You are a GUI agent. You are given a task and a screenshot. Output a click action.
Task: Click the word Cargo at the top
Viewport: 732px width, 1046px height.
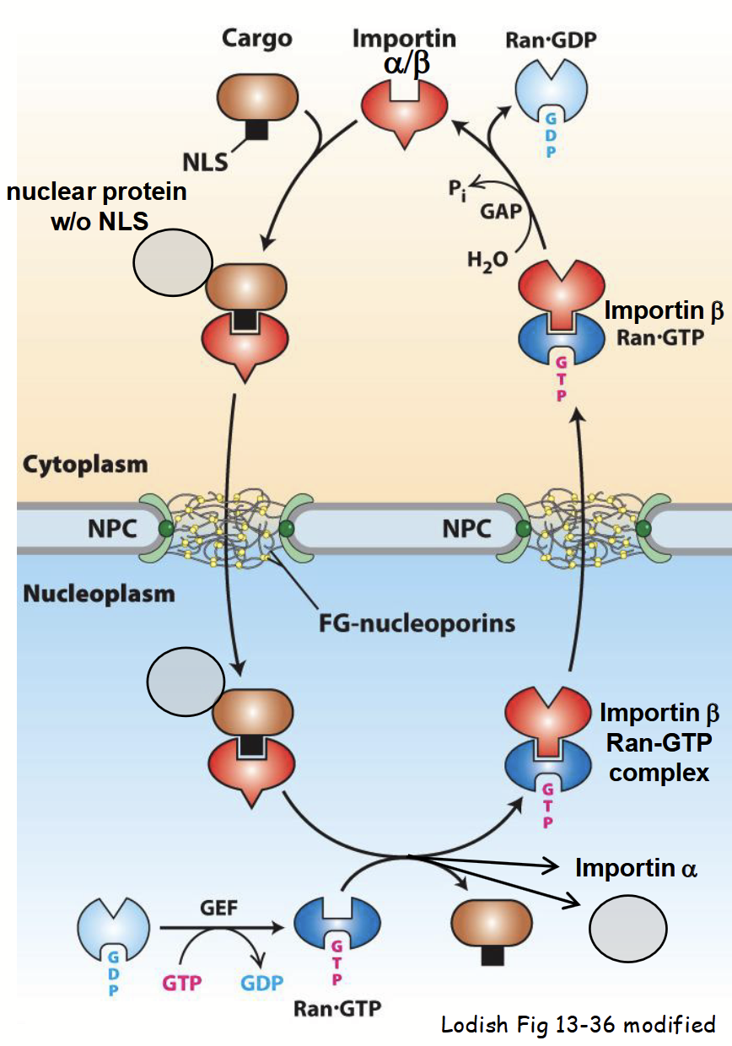tap(257, 40)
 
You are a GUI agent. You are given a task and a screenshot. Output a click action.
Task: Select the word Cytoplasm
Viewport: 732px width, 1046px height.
tap(85, 465)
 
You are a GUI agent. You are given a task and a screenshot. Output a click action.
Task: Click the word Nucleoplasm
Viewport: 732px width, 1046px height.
tap(99, 593)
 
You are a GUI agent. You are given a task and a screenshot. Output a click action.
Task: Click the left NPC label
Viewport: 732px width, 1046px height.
tap(110, 529)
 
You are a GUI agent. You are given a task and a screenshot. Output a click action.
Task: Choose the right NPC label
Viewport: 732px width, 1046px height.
tap(466, 529)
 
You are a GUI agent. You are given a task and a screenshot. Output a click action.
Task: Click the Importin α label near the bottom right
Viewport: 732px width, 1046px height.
tap(636, 868)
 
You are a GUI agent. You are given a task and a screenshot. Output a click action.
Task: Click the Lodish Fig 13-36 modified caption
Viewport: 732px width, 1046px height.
tap(578, 1025)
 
